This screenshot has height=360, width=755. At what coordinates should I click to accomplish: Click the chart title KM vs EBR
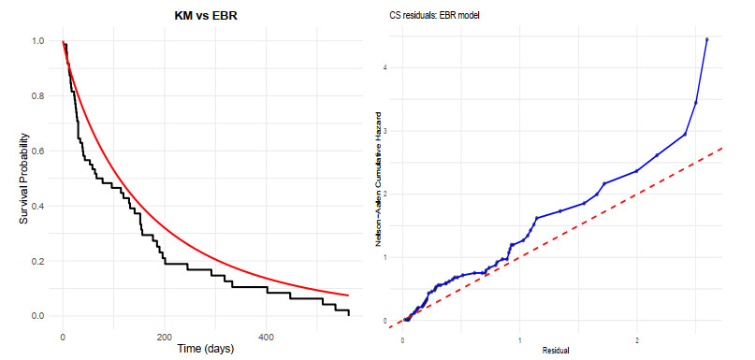[x=206, y=16]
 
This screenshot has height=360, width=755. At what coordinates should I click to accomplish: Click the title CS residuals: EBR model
[x=435, y=16]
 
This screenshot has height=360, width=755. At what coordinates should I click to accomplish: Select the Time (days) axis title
[x=204, y=349]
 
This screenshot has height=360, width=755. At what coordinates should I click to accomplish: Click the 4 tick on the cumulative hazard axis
[x=385, y=67]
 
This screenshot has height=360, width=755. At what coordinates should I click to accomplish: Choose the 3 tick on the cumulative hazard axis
[x=385, y=131]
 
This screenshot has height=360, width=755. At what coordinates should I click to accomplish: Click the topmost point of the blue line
[x=706, y=39]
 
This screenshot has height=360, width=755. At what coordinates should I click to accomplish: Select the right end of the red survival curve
[x=348, y=295]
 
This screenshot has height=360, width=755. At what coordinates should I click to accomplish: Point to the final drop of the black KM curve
[x=348, y=313]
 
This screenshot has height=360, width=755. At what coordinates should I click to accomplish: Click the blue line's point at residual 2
[x=636, y=171]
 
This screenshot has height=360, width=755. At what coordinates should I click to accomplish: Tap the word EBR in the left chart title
[x=225, y=16]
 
